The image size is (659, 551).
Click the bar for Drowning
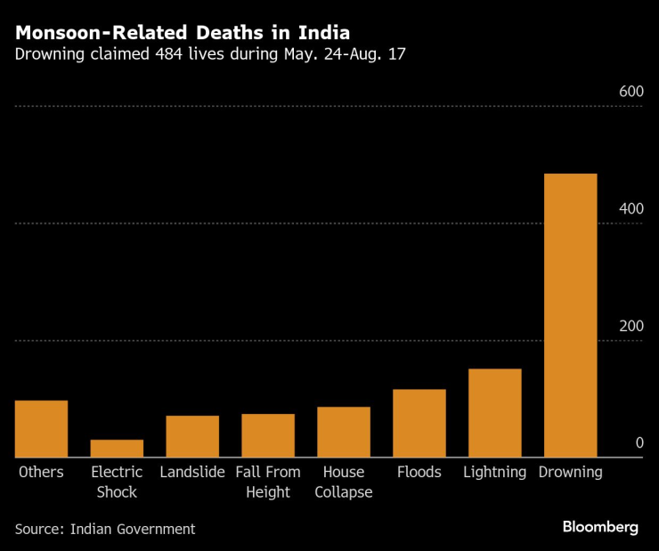coord(570,315)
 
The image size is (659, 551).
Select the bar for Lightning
coord(494,413)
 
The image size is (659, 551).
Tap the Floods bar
coord(419,424)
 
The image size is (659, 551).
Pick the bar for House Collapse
coord(343,433)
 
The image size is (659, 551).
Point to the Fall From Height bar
coord(267,436)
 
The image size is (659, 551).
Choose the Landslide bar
coord(192,437)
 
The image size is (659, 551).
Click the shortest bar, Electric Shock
coord(117,449)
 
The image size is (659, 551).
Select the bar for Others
coord(41,429)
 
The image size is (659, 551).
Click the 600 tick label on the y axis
coord(631,92)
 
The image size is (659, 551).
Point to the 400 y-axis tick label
coord(631,208)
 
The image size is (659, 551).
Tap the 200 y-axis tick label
coord(631,326)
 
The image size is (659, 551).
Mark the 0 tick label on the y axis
coord(639,443)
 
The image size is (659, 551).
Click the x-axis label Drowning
coord(570,472)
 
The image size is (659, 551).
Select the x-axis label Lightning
coord(494,472)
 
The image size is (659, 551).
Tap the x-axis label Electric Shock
coord(117,482)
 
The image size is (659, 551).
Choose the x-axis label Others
coord(41,472)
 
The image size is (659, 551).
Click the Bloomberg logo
coord(600,527)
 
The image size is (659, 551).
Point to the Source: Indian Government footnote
coord(104,529)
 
